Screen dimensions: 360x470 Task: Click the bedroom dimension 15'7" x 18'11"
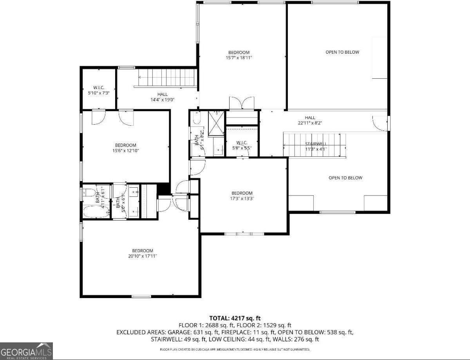239,58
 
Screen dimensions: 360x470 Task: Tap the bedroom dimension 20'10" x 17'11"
142,256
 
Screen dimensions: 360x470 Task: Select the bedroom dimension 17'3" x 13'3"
242,199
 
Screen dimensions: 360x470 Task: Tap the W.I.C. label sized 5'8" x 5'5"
242,148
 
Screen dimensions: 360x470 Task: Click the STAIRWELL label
316,144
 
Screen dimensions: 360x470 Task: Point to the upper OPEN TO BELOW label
342,52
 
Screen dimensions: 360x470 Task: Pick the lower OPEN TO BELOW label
345,178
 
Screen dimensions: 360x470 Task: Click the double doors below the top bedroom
242,103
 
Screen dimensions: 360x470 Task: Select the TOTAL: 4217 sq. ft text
235,318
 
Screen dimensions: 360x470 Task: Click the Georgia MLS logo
26,351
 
